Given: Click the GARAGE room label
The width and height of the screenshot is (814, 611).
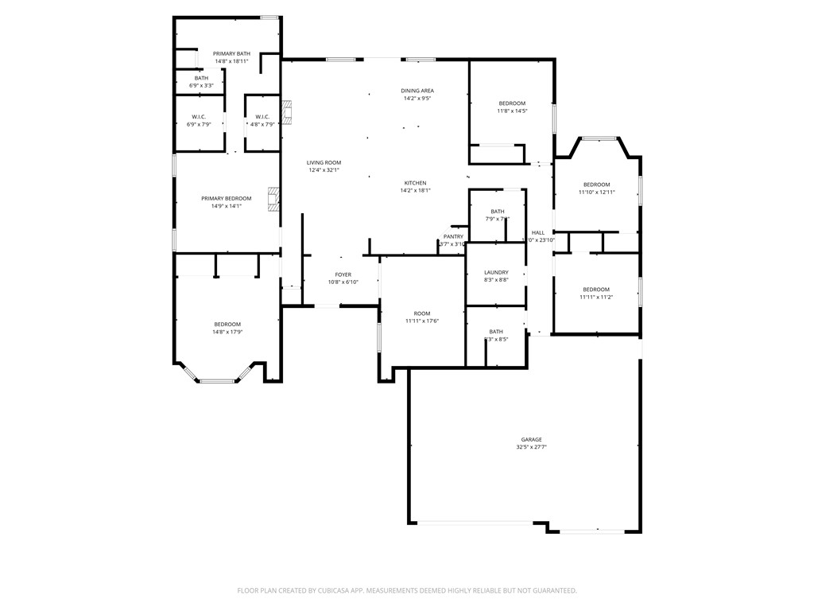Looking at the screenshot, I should pos(531,439).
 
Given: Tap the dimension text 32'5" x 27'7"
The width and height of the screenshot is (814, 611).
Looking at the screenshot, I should pos(531,447).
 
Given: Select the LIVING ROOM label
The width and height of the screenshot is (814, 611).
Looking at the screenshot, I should pos(324,162).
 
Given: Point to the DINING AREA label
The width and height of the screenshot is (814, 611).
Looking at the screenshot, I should pos(417,91).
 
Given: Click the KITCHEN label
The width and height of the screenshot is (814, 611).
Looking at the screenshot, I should pos(415,183).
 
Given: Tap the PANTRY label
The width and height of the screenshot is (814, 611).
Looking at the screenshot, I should pos(453,236).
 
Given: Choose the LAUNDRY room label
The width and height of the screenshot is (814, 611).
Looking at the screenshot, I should pos(496,272).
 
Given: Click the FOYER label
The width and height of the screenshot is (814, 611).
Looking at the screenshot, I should pos(343,274).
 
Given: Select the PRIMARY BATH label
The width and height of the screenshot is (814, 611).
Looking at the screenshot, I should pos(231,53).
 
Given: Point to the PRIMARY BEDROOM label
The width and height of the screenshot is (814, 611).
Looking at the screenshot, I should pos(227,198).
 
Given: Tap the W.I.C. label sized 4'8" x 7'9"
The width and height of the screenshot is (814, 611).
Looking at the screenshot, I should pos(263,117).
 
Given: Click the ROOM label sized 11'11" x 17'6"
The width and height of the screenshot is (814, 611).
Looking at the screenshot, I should pos(421,313).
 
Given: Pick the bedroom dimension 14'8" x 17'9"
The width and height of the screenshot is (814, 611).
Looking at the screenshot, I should pos(227,332).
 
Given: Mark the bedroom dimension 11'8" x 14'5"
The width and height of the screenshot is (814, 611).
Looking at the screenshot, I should pos(512,111).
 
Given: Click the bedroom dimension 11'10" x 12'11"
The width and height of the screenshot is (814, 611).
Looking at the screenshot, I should pos(596,192).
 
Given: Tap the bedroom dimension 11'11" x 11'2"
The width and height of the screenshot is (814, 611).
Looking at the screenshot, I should pos(596,297).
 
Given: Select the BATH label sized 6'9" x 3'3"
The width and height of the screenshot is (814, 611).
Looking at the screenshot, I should pos(201,78).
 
